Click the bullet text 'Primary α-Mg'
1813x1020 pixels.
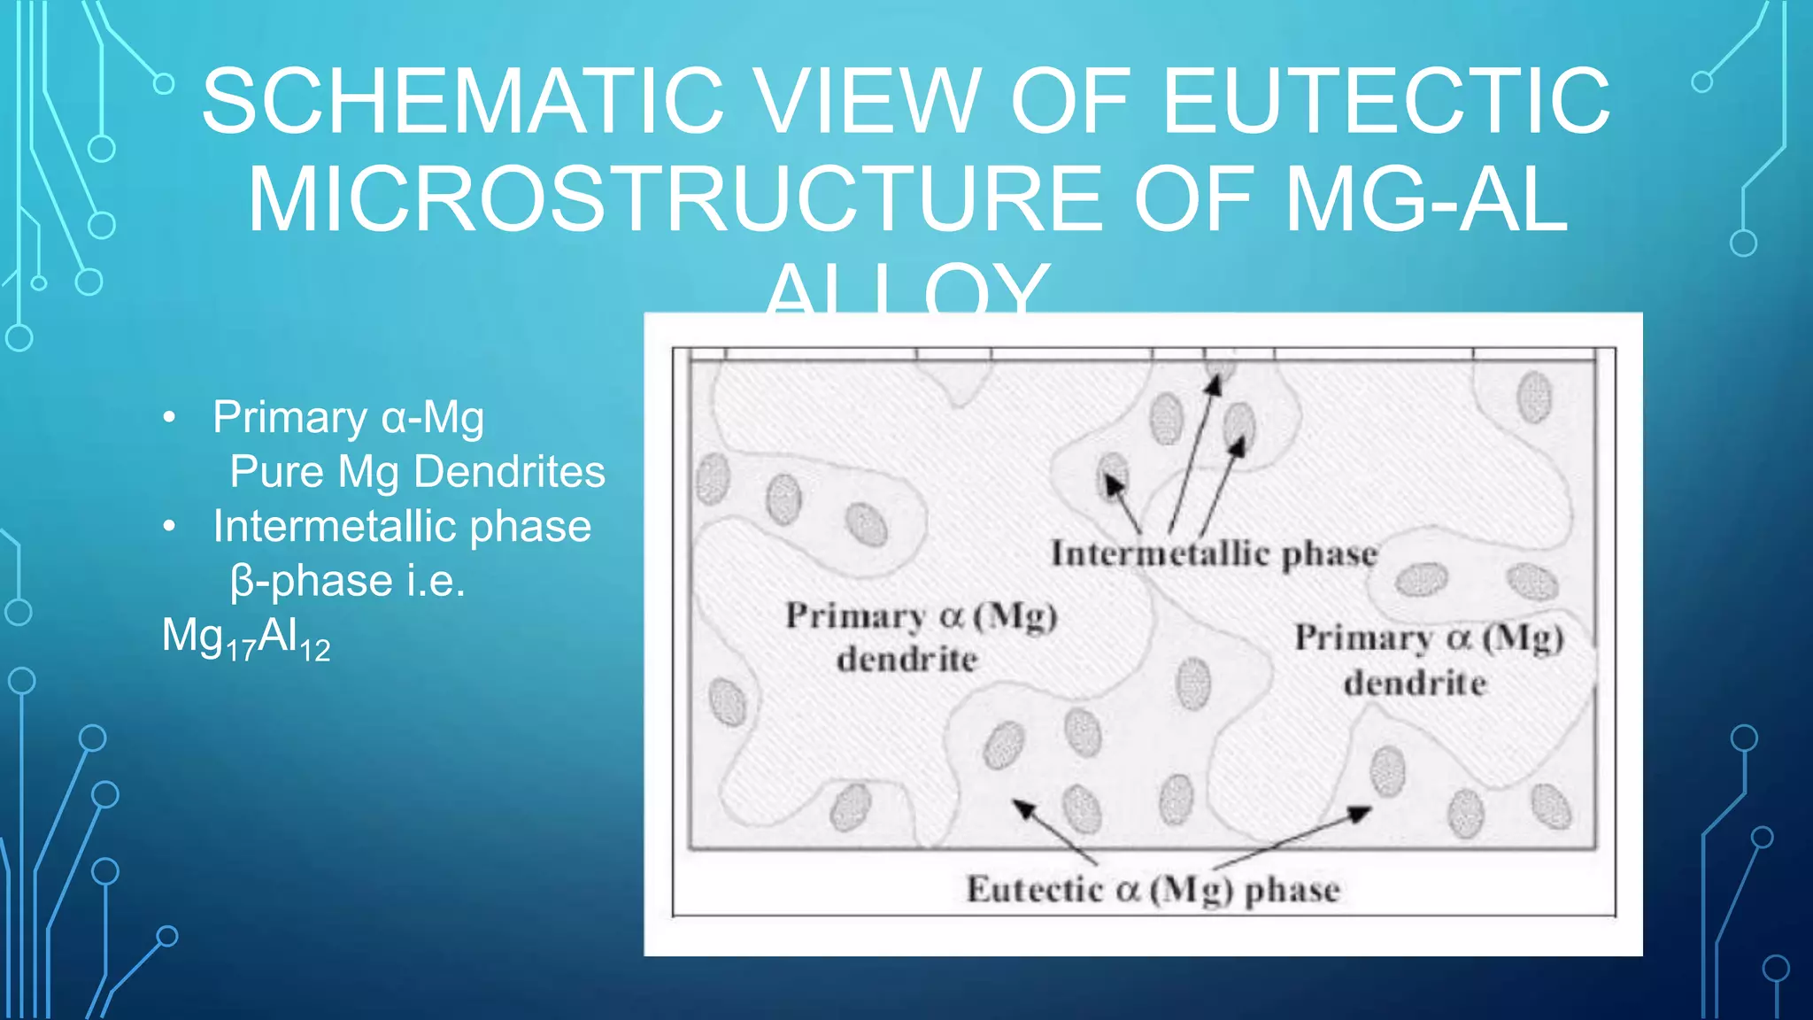click(x=348, y=418)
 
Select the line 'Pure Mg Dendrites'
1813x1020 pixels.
click(x=417, y=472)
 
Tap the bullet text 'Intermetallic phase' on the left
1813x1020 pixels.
click(x=402, y=527)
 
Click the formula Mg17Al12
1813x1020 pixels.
click(x=245, y=637)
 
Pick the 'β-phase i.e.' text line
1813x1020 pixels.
click(x=347, y=582)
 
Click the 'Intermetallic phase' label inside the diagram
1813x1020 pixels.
click(x=1214, y=554)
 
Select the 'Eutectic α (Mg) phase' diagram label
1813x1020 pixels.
click(x=1153, y=890)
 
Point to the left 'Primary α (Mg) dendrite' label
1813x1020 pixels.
click(x=921, y=637)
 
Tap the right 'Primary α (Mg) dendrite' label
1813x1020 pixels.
click(x=1428, y=660)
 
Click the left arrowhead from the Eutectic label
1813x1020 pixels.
click(x=1023, y=807)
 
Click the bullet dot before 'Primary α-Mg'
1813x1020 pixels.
click(x=170, y=418)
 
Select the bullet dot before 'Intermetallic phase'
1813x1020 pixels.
click(x=170, y=527)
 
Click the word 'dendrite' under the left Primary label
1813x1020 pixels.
click(x=907, y=660)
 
